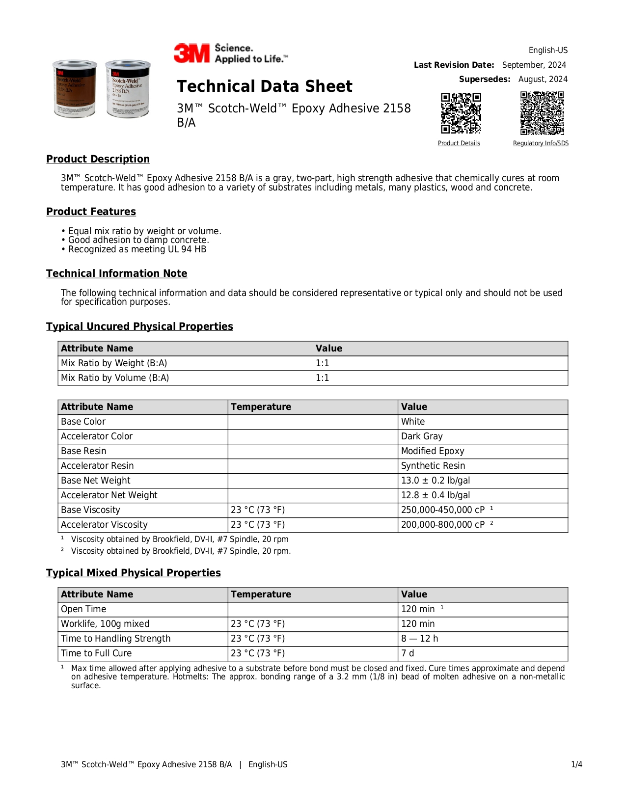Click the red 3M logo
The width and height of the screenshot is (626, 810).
(x=191, y=53)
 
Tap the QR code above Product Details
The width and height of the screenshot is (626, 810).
(x=461, y=113)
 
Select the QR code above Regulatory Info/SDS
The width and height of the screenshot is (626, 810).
(x=542, y=113)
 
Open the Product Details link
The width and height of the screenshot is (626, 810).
(x=459, y=143)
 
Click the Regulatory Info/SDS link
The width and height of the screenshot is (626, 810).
(x=541, y=143)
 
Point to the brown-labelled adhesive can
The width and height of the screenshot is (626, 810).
(x=75, y=89)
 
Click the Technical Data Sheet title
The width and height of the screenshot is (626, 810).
(x=264, y=86)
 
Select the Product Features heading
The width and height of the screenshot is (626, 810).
(x=91, y=212)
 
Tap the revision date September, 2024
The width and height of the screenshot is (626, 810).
(x=534, y=65)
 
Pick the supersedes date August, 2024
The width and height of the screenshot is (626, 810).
(x=543, y=79)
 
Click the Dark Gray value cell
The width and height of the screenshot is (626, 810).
(x=422, y=436)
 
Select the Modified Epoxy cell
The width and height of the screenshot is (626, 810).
(x=433, y=451)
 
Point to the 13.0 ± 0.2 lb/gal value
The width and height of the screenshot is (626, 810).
(x=435, y=481)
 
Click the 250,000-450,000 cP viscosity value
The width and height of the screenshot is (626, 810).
(x=443, y=510)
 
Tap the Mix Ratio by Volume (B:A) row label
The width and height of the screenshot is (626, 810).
(x=115, y=378)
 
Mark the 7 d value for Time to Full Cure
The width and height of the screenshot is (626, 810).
(x=408, y=653)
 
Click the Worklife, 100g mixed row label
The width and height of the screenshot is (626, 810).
(x=105, y=624)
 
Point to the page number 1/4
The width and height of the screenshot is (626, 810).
(x=576, y=764)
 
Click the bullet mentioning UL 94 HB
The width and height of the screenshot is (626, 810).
(x=137, y=249)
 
